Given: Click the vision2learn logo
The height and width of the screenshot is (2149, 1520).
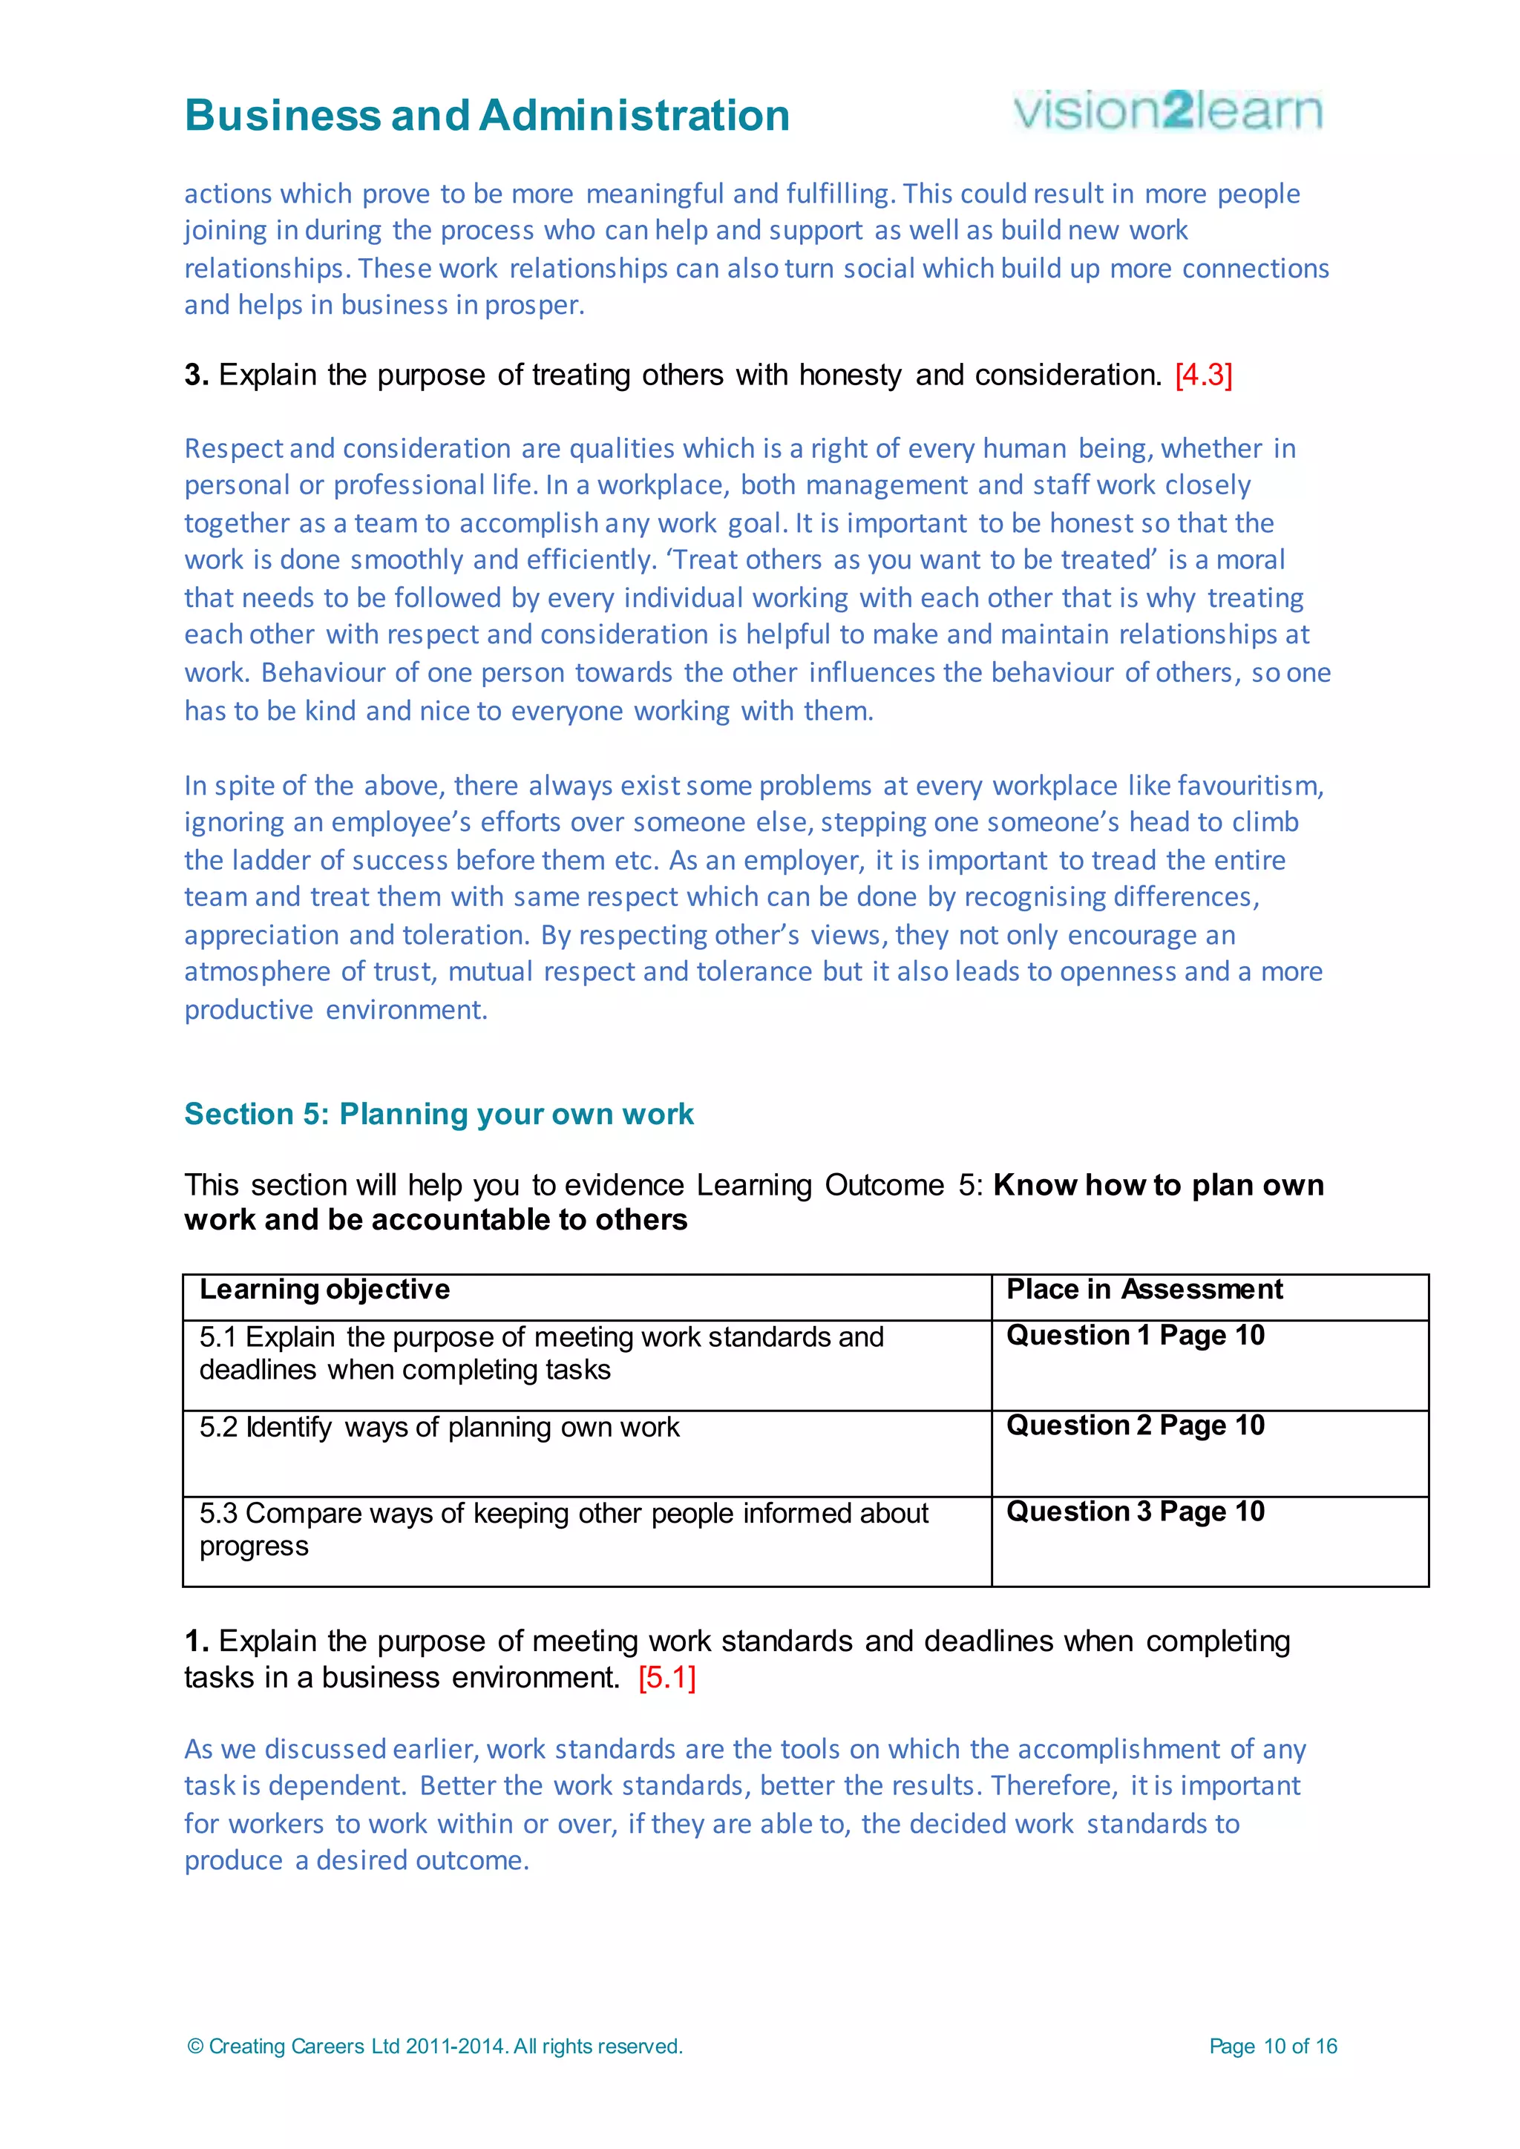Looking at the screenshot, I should tap(1167, 111).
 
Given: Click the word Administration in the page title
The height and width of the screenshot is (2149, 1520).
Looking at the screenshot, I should tap(634, 116).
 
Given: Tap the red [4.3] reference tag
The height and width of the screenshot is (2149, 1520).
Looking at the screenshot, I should tap(1204, 375).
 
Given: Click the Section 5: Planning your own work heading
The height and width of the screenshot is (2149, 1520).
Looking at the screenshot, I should tap(438, 1114).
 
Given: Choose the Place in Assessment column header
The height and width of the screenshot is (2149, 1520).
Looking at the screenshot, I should tap(1144, 1290).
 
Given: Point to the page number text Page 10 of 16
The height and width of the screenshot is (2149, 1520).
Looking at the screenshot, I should tap(1273, 2046).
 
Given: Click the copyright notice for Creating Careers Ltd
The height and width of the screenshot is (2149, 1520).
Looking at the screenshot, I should tap(435, 2046).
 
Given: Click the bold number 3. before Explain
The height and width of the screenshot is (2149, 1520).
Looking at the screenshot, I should tap(196, 375).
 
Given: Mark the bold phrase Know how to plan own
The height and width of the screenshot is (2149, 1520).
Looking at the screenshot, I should tap(1158, 1185).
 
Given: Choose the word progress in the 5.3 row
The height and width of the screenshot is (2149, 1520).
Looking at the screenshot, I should tap(254, 1546).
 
